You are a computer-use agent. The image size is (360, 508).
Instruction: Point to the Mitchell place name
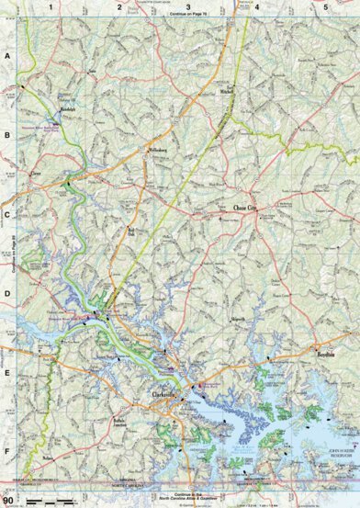click(227, 119)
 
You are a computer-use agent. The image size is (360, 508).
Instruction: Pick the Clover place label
click(37, 171)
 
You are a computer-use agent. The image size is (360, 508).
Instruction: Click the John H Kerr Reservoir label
click(336, 452)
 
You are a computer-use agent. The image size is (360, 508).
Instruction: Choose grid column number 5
click(325, 7)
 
